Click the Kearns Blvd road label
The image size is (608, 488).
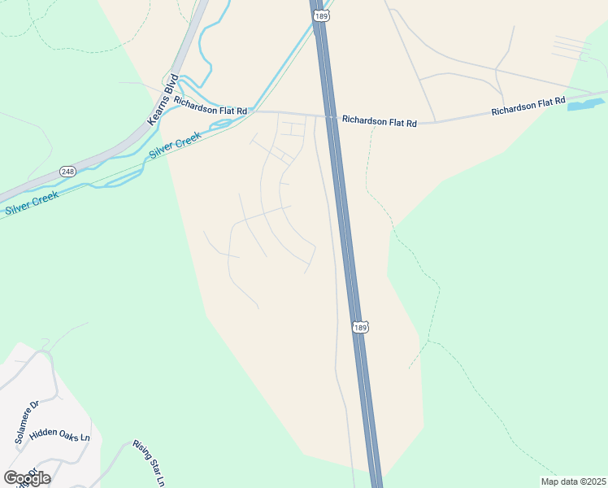pyautogui.click(x=163, y=99)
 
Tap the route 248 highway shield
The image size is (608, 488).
pyautogui.click(x=67, y=172)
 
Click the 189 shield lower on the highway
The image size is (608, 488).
pyautogui.click(x=362, y=327)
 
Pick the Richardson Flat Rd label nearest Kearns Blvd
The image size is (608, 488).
pyautogui.click(x=211, y=107)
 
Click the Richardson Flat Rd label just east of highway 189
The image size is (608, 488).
pyautogui.click(x=379, y=121)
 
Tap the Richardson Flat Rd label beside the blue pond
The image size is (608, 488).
pyautogui.click(x=528, y=107)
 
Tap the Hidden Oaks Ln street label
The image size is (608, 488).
pyautogui.click(x=59, y=434)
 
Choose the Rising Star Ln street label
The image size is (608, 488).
pyautogui.click(x=149, y=464)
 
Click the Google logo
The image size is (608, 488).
pyautogui.click(x=26, y=477)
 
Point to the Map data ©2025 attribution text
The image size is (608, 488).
pyautogui.click(x=572, y=481)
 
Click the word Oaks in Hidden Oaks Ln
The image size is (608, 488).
pyautogui.click(x=64, y=434)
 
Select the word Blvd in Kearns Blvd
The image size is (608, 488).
pyautogui.click(x=171, y=85)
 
